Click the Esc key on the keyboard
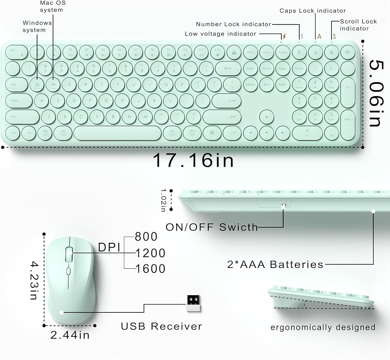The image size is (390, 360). pyautogui.click(x=13, y=52)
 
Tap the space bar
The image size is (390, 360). pyautogui.click(x=117, y=133)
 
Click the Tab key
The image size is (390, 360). pyautogui.click(x=14, y=84)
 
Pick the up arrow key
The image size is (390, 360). pyautogui.click(x=266, y=117)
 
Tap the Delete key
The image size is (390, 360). pyautogui.click(x=250, y=84)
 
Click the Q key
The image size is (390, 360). pyautogui.click(x=37, y=84)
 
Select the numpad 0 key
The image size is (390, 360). pyautogui.click(x=307, y=133)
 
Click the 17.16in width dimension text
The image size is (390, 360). pyautogui.click(x=193, y=160)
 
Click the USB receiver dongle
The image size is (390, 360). pyautogui.click(x=193, y=303)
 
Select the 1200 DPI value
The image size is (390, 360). pyautogui.click(x=150, y=253)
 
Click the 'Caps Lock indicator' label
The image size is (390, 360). pyautogui.click(x=312, y=11)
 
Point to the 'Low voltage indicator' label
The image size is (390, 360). pyautogui.click(x=220, y=34)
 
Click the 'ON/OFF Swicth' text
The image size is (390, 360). pyautogui.click(x=212, y=227)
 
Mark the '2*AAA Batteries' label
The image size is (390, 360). pyautogui.click(x=275, y=264)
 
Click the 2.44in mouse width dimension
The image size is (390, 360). pyautogui.click(x=70, y=335)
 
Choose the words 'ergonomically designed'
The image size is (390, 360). pyautogui.click(x=323, y=327)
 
